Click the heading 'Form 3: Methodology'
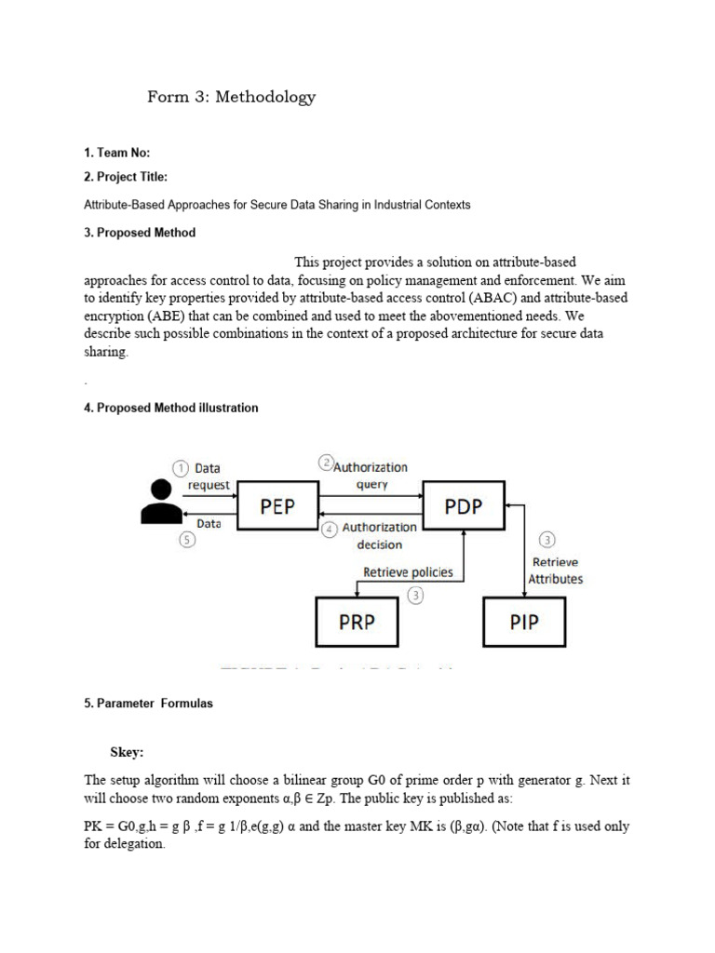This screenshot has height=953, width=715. [231, 97]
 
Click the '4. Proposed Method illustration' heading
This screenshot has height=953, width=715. [171, 408]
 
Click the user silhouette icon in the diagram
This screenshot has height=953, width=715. [160, 503]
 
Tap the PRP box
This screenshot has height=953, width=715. [357, 622]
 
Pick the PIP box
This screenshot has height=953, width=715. [524, 622]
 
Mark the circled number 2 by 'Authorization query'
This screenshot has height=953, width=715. [326, 463]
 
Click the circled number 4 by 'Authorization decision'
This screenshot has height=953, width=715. [330, 530]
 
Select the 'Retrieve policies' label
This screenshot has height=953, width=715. [408, 571]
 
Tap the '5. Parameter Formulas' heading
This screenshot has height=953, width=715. [148, 704]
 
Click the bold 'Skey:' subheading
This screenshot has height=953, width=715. [128, 752]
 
